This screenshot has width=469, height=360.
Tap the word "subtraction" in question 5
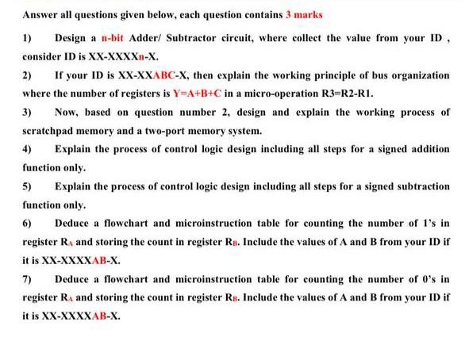(421, 186)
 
